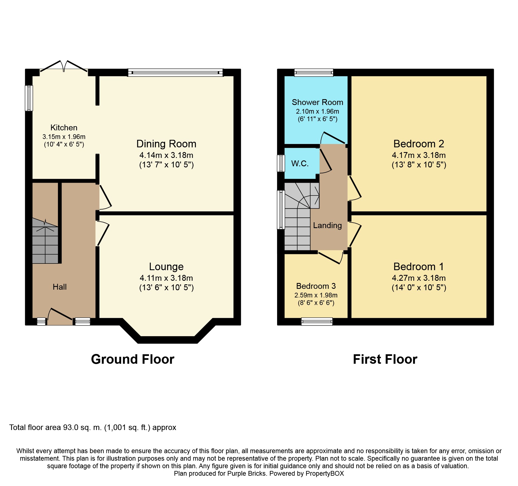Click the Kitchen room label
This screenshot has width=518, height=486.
tap(64, 128)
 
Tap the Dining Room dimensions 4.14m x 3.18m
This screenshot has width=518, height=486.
tap(166, 155)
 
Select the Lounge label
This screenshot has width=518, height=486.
tap(166, 267)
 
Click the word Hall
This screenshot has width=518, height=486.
tap(60, 287)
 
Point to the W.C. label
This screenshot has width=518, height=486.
tap(300, 163)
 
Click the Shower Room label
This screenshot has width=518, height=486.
tap(317, 102)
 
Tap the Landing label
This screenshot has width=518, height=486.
tap(327, 225)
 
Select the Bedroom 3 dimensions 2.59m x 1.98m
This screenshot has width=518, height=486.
tap(316, 295)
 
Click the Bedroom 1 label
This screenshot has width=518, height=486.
tap(419, 267)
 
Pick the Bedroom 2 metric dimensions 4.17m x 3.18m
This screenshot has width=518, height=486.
tap(419, 155)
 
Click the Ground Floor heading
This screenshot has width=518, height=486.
tap(133, 359)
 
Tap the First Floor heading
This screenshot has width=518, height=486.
tap(385, 359)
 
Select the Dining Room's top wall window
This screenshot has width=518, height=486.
tap(175, 73)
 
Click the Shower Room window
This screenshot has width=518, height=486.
tap(314, 73)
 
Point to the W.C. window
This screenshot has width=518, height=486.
tap(281, 163)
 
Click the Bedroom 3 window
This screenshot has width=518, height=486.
tap(317, 322)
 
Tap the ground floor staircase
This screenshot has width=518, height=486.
tap(45, 241)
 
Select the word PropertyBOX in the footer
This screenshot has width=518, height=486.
tap(324, 473)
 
